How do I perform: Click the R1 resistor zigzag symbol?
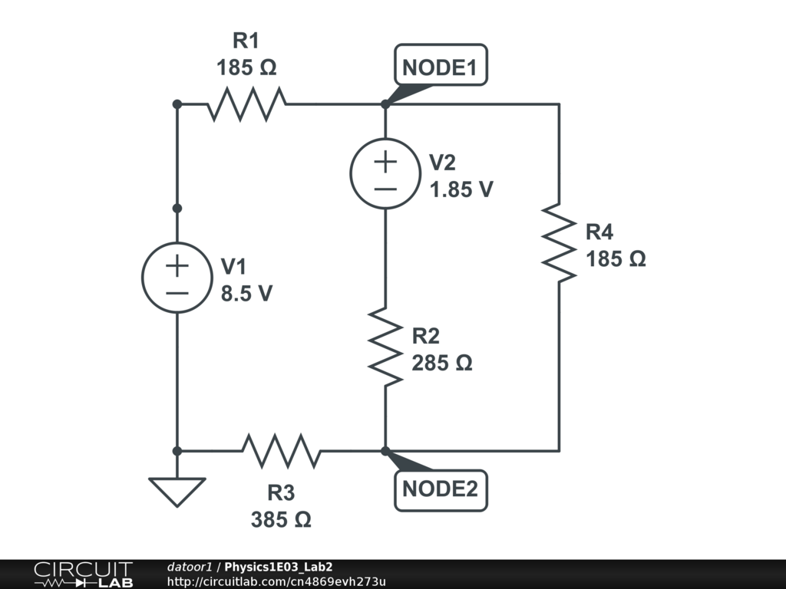(246, 104)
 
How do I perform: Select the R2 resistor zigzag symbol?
(385, 346)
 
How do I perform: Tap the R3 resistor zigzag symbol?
(281, 451)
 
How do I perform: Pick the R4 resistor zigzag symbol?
(559, 243)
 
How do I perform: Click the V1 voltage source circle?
(177, 278)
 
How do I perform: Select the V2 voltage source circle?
(385, 174)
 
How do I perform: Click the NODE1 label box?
(440, 67)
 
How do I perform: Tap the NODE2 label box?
(441, 489)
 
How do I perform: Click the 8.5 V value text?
(246, 293)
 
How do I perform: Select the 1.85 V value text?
(461, 189)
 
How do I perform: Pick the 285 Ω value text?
(441, 363)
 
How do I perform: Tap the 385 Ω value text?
(281, 519)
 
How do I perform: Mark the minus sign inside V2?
(385, 189)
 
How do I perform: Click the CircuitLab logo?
(83, 574)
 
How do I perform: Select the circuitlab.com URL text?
(276, 581)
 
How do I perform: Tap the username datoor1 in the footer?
(189, 567)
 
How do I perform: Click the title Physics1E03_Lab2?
(278, 567)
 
